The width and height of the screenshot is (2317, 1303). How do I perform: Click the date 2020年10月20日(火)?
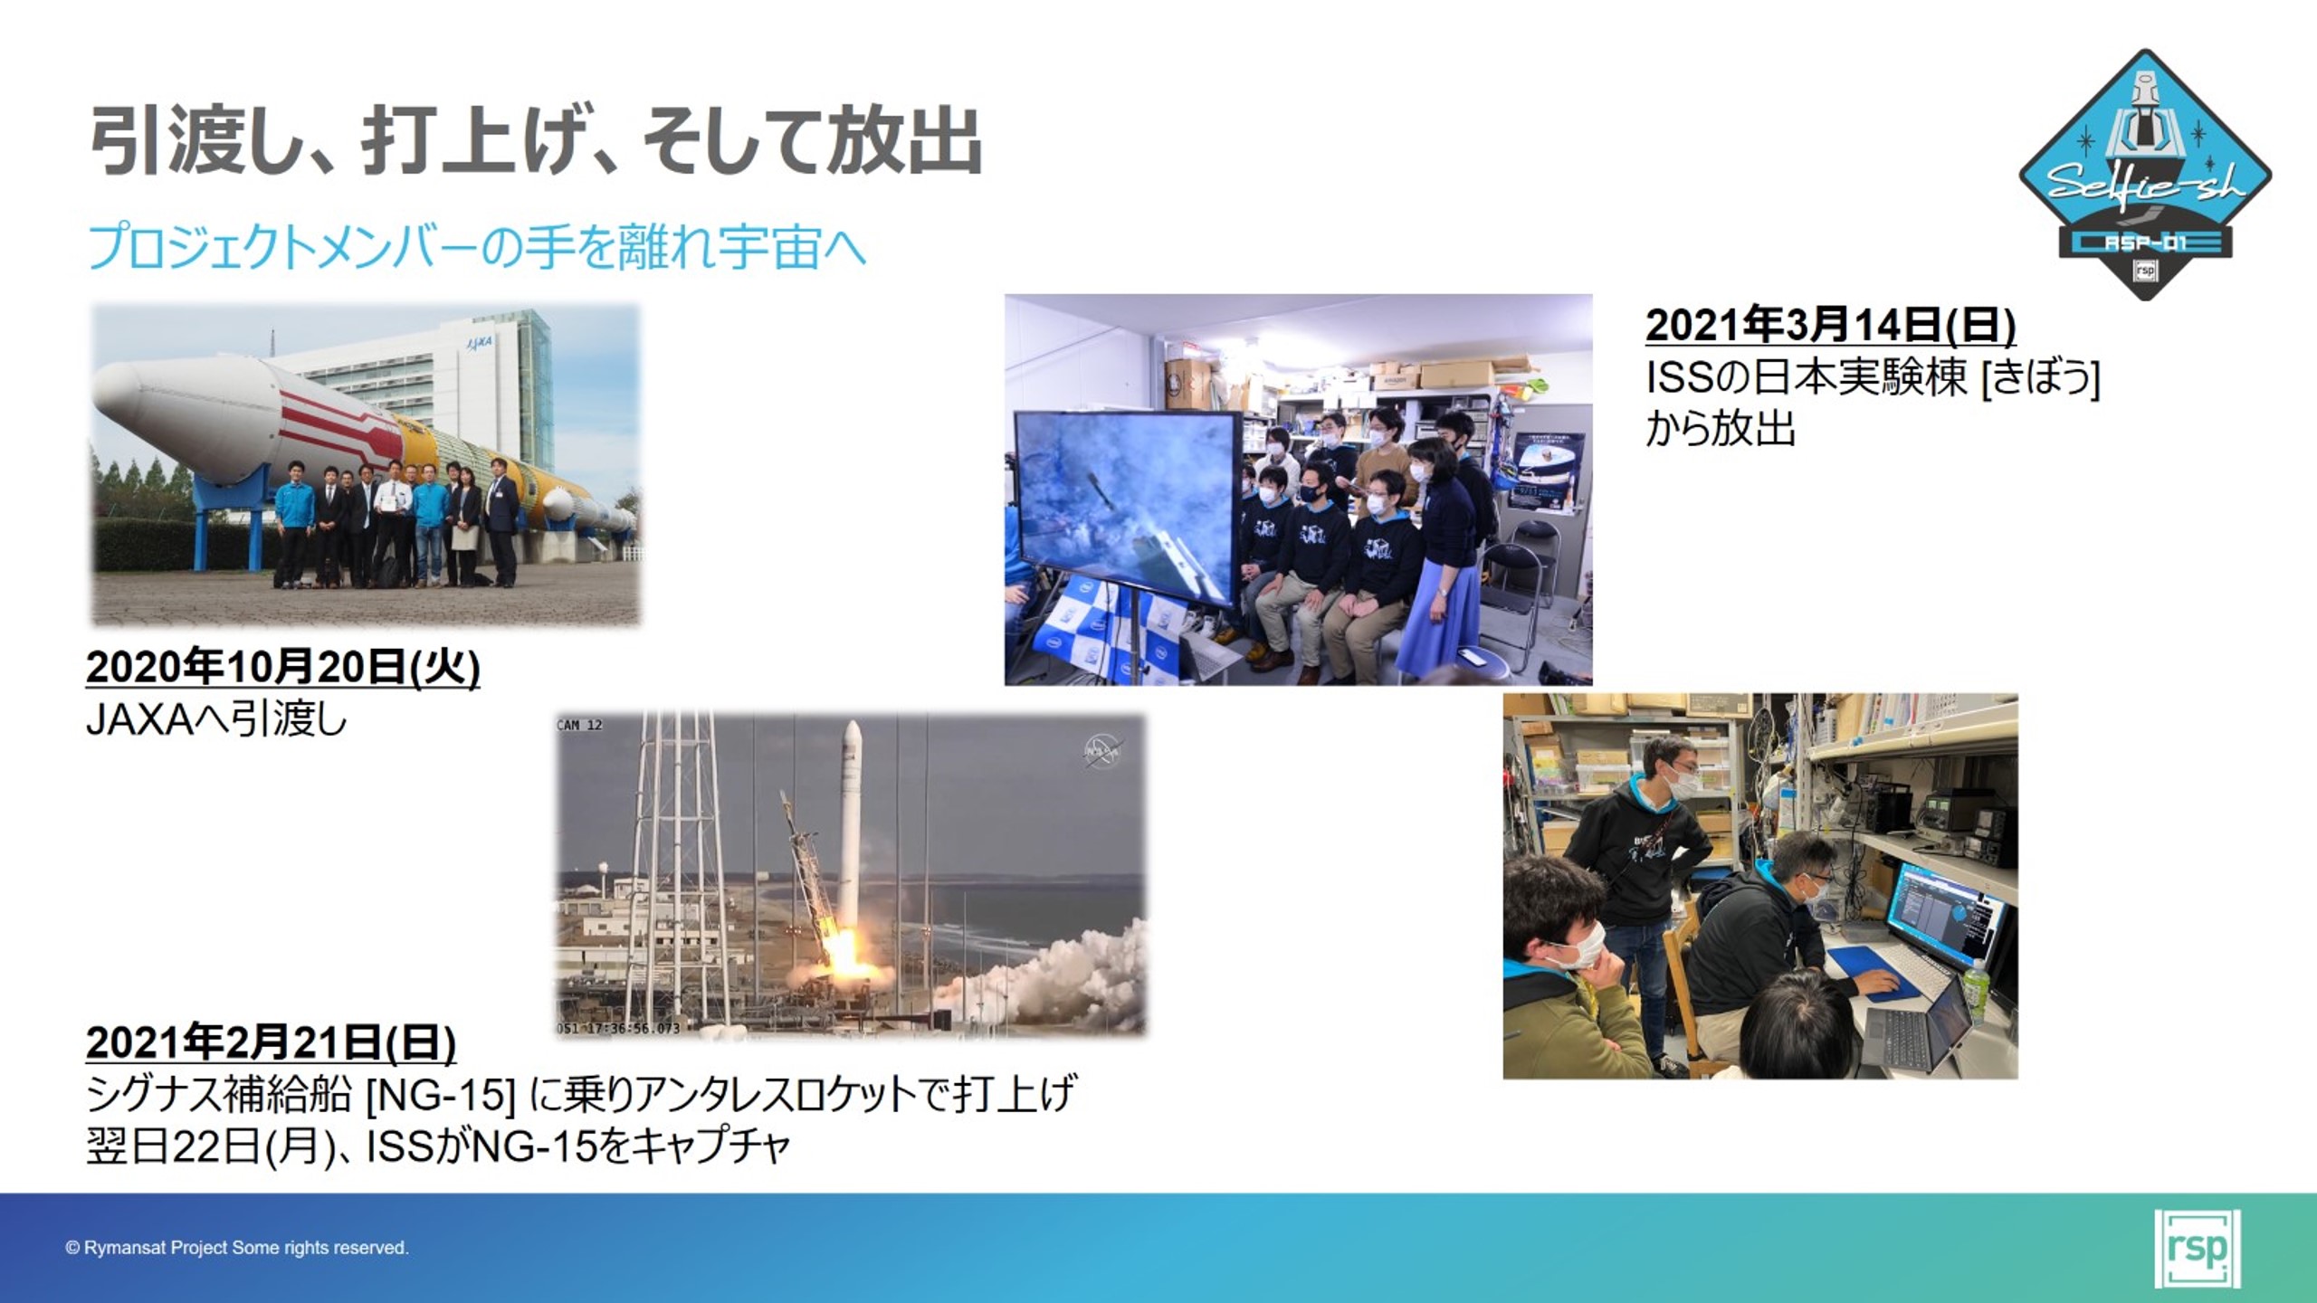point(282,668)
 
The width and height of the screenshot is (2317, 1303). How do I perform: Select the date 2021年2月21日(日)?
point(271,1043)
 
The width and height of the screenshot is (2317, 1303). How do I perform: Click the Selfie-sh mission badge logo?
point(2144,174)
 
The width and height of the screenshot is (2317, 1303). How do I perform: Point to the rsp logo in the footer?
point(2198,1248)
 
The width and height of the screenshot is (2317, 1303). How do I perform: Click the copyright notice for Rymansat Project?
point(237,1248)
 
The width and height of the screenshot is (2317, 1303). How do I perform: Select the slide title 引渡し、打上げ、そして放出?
point(536,141)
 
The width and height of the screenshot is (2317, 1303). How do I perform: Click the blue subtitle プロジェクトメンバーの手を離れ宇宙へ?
point(477,246)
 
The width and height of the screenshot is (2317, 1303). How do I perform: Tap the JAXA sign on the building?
point(478,342)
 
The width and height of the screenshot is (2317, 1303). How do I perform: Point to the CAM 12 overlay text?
point(579,725)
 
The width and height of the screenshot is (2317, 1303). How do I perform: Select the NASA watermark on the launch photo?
point(1101,751)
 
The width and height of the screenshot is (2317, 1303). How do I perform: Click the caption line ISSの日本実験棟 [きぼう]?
point(1873,377)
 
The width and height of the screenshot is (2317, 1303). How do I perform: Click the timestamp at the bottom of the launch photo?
point(618,1028)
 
